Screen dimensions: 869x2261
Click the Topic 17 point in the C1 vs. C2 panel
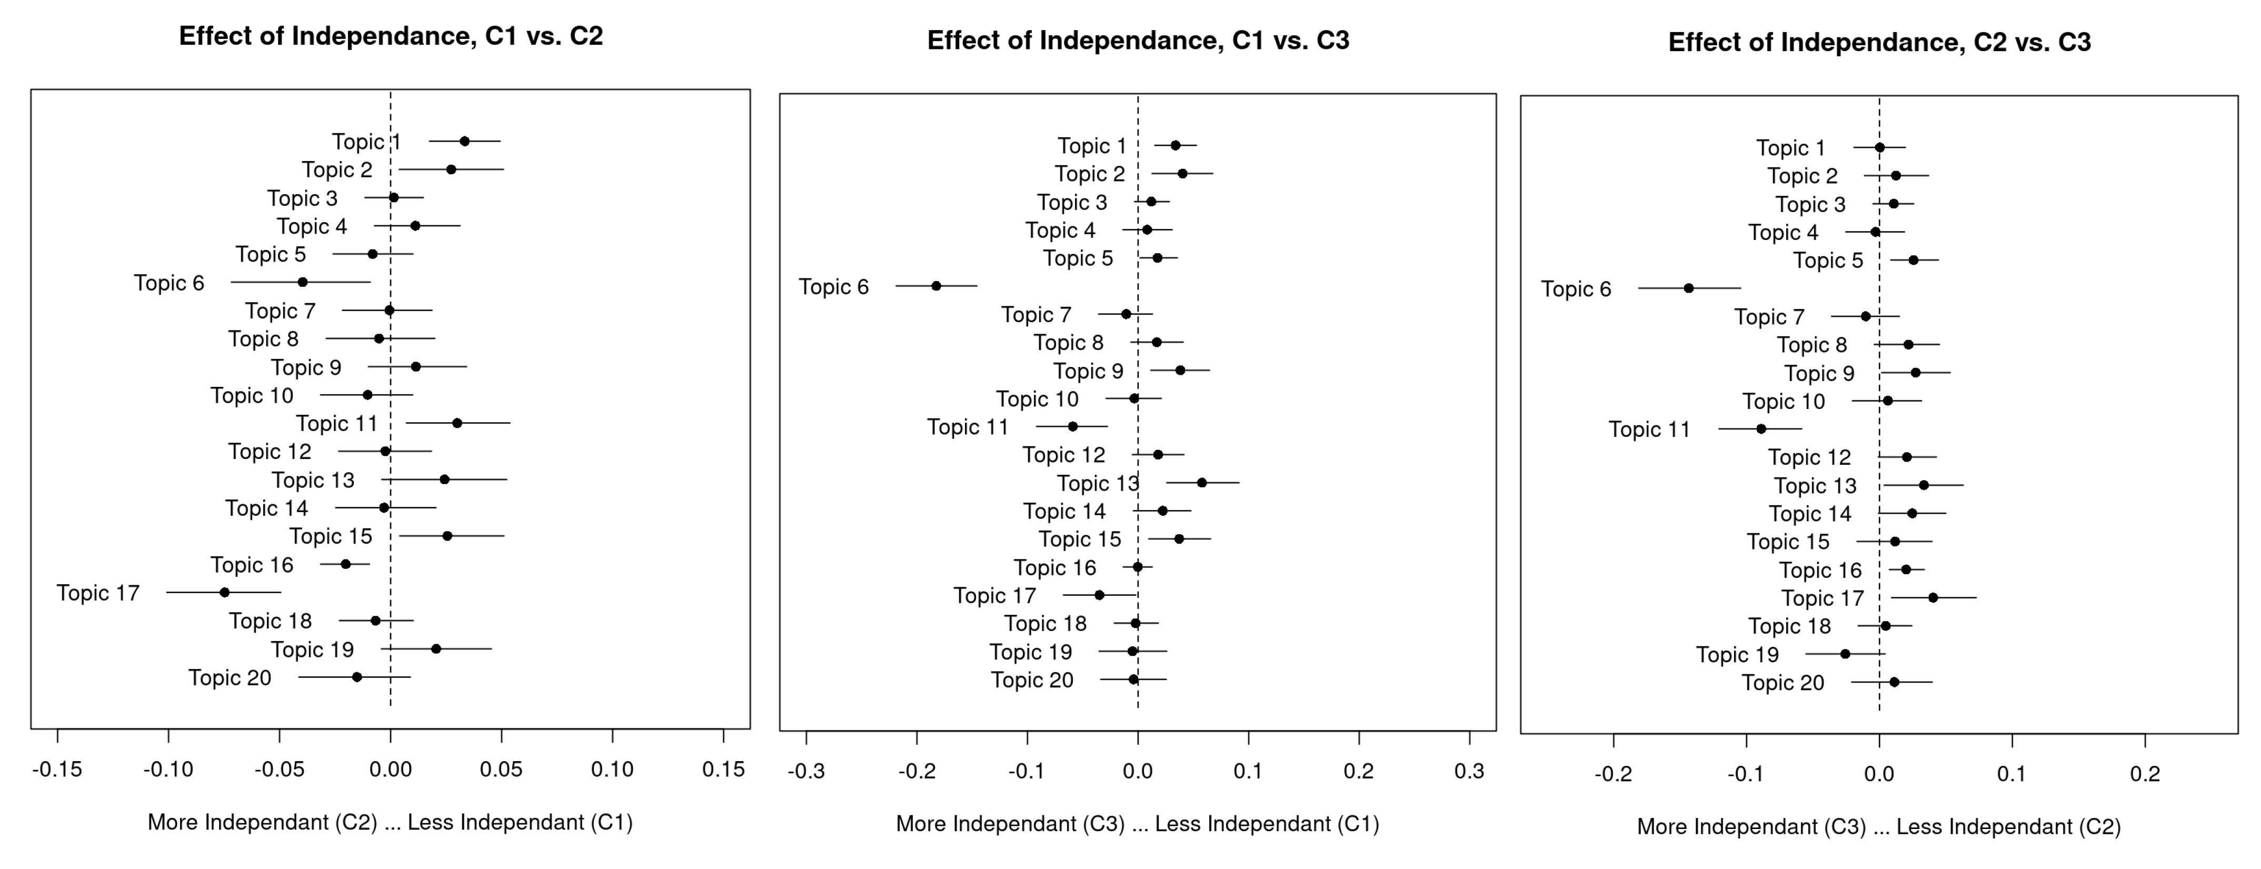225,593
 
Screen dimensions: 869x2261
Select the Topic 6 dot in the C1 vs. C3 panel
937,286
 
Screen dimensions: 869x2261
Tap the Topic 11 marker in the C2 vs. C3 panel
1761,429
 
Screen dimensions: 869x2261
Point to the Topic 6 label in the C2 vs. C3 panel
1576,289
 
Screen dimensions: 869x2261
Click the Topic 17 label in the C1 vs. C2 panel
98,593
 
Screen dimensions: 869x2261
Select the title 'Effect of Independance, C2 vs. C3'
1879,42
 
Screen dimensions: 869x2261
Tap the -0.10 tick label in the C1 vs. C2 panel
167,771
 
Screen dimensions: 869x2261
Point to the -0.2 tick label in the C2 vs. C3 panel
1613,774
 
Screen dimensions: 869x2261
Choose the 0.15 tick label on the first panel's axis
723,771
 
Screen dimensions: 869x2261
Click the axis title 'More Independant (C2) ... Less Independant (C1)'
390,823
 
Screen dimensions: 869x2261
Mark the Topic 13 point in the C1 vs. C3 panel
1202,483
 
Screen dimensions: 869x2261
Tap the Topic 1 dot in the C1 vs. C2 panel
464,141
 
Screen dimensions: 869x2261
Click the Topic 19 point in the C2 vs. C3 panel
1845,654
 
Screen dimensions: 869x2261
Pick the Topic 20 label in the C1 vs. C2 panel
230,677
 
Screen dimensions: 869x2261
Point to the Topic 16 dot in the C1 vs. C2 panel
346,564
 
